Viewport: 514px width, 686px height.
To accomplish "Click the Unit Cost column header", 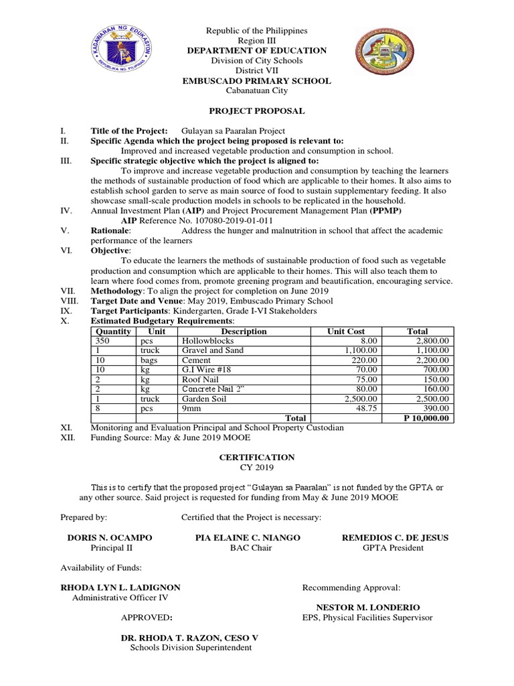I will coord(345,331).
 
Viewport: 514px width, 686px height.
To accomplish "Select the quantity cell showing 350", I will coord(104,341).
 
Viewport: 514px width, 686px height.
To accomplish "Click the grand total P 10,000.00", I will coord(426,418).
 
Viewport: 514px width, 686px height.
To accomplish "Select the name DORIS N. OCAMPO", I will coord(110,537).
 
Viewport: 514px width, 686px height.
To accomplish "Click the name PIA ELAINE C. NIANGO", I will coord(248,537).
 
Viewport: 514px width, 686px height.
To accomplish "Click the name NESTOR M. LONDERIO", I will coord(363,607).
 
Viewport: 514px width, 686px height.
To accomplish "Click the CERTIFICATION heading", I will coord(257,457).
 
